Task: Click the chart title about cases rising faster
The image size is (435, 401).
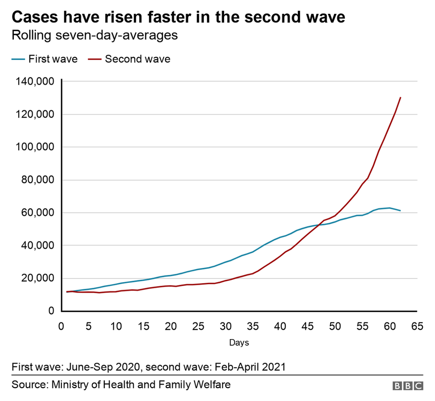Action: click(178, 17)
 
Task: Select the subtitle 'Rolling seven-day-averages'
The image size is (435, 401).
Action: click(94, 35)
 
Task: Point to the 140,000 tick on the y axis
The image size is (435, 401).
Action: click(34, 82)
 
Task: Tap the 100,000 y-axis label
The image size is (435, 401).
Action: click(34, 147)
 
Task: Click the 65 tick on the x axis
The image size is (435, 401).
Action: click(417, 327)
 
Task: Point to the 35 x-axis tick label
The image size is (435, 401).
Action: click(253, 327)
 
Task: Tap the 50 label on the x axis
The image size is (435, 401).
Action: click(335, 327)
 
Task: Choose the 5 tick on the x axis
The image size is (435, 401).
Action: click(89, 327)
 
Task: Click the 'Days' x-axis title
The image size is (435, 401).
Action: click(239, 343)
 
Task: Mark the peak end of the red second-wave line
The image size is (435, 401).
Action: click(400, 98)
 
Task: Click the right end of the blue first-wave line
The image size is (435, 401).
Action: click(400, 210)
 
